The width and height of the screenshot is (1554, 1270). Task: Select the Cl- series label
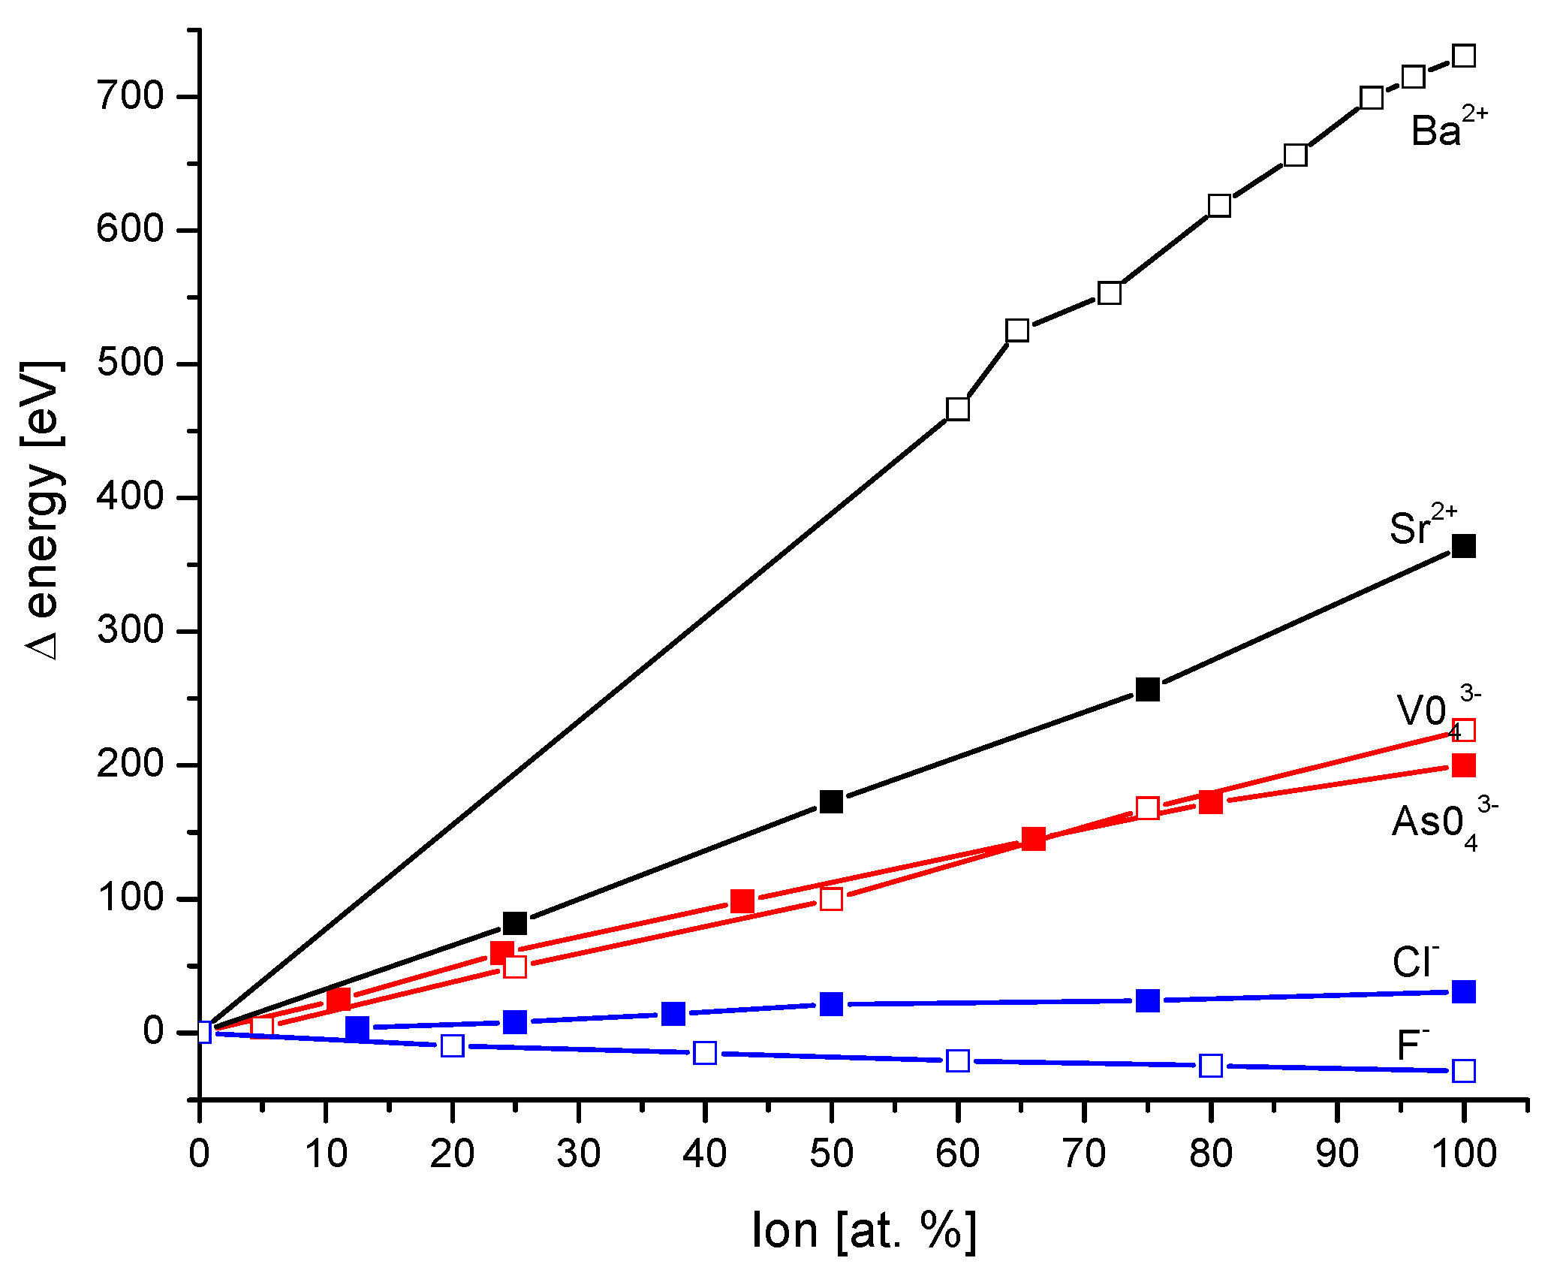[1414, 962]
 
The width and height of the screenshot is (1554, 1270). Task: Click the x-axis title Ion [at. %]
[863, 1230]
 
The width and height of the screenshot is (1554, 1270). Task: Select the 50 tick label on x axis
[831, 1153]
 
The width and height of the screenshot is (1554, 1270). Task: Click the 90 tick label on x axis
[1337, 1153]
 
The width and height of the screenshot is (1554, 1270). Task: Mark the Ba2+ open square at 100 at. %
[1464, 56]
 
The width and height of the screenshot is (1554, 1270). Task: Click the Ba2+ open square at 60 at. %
[958, 409]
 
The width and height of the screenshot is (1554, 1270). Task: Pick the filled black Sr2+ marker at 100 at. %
[1464, 546]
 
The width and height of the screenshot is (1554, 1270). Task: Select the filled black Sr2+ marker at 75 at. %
[1148, 689]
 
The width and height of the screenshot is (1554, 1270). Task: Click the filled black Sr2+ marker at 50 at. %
[831, 802]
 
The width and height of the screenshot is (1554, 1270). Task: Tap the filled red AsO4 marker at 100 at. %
[1464, 765]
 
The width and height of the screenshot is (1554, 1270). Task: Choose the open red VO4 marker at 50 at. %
[831, 899]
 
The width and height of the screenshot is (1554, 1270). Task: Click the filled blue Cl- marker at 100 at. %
[1464, 991]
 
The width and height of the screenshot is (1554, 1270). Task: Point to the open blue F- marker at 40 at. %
[705, 1053]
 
